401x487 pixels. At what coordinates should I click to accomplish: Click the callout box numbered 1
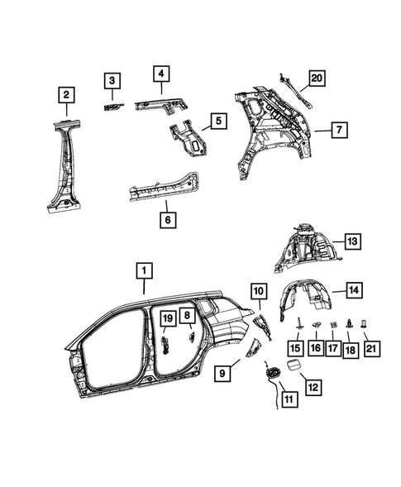point(144,270)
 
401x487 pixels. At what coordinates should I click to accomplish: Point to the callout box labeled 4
point(161,74)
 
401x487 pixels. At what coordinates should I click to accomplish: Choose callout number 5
point(217,122)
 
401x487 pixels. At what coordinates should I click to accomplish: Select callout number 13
point(352,241)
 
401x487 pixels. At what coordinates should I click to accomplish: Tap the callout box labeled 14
point(352,289)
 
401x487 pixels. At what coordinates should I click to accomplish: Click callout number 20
point(317,79)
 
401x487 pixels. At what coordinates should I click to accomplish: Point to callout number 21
point(370,350)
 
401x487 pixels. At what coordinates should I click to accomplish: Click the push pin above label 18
point(352,324)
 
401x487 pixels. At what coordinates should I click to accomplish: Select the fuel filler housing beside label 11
point(272,374)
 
